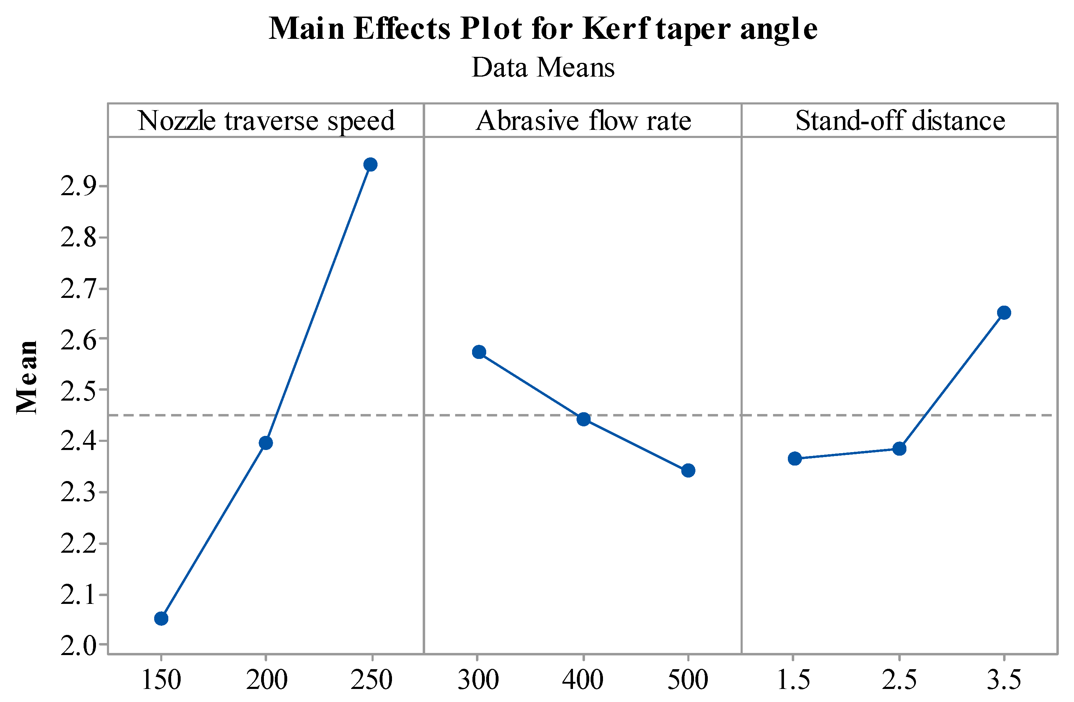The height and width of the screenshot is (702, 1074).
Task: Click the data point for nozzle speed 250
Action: pyautogui.click(x=370, y=164)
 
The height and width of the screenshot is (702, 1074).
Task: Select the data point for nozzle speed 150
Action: pyautogui.click(x=161, y=618)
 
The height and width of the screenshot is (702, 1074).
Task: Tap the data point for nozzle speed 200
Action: pyautogui.click(x=266, y=443)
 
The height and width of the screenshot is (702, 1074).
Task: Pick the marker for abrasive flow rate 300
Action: pyautogui.click(x=479, y=352)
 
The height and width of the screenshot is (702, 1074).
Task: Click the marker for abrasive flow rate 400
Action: pyautogui.click(x=584, y=419)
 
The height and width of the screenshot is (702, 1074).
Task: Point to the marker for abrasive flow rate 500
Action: pyautogui.click(x=688, y=470)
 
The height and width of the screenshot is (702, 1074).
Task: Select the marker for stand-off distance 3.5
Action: pyautogui.click(x=1004, y=312)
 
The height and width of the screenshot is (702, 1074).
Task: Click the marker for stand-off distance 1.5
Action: pyautogui.click(x=795, y=459)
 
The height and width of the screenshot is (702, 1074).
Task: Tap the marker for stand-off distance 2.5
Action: pyautogui.click(x=899, y=449)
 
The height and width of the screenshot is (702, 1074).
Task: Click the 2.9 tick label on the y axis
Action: pyautogui.click(x=79, y=186)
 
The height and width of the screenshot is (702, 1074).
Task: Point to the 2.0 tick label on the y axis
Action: pyautogui.click(x=79, y=646)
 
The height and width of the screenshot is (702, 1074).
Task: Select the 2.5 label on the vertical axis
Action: pyautogui.click(x=79, y=390)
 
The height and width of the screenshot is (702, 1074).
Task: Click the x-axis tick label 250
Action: pyautogui.click(x=371, y=679)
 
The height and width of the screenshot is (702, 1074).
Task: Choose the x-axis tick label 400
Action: pyautogui.click(x=583, y=679)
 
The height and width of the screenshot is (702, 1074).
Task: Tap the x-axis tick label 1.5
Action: pyautogui.click(x=793, y=679)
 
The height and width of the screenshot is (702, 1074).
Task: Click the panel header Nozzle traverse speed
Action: pyautogui.click(x=266, y=121)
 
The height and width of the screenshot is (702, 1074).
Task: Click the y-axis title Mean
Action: pyautogui.click(x=27, y=377)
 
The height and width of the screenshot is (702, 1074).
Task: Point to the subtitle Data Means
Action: pyautogui.click(x=543, y=68)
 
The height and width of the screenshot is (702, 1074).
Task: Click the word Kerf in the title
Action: pyautogui.click(x=616, y=29)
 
